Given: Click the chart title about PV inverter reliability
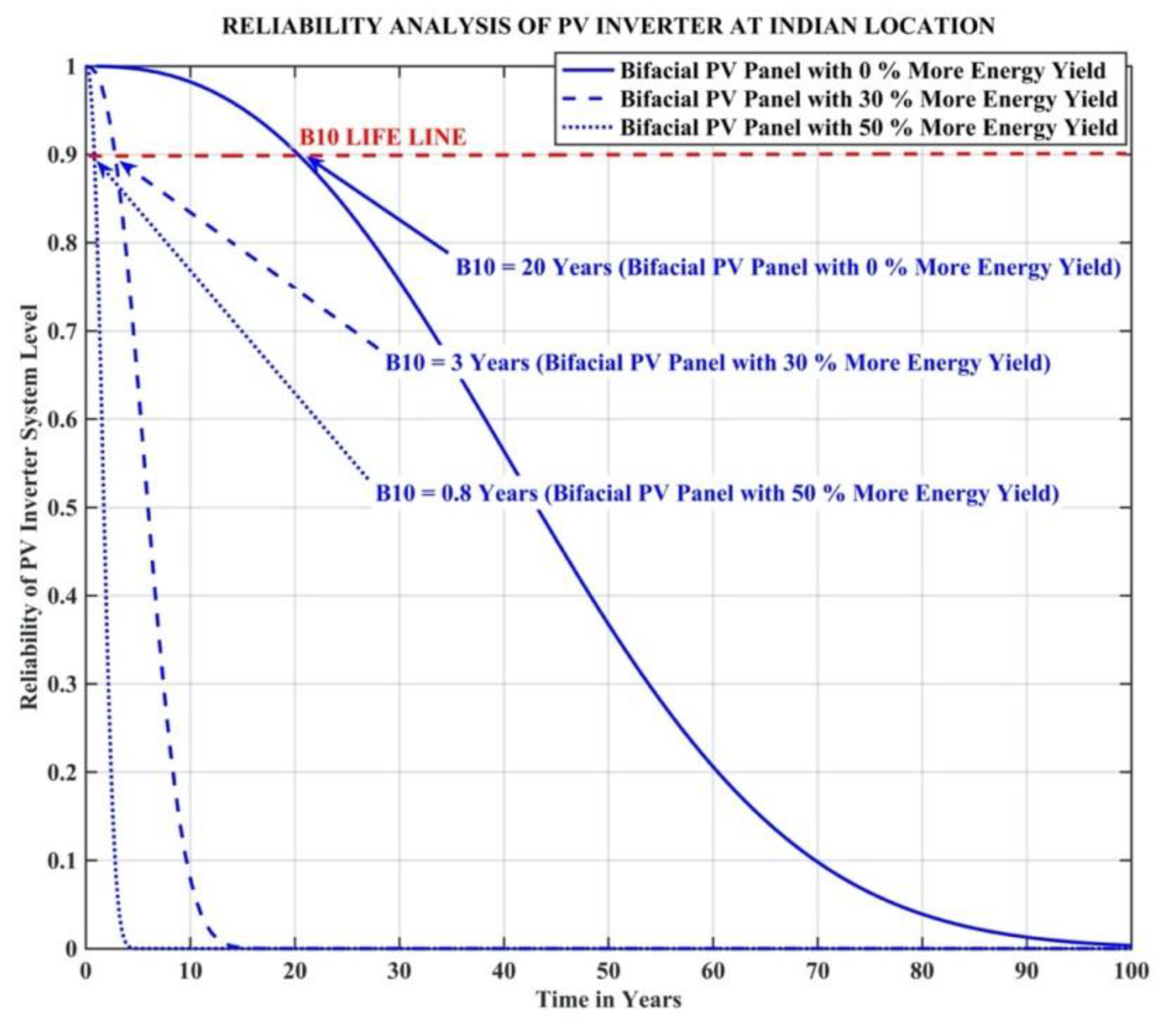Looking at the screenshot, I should tap(608, 26).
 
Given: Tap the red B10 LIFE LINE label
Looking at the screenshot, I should tap(382, 137).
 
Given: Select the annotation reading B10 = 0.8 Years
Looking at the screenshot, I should tap(717, 493).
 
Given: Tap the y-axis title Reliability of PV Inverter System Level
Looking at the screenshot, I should tap(30, 507).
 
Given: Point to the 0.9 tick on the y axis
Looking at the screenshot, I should tap(63, 155).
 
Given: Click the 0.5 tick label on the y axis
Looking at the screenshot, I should tap(63, 508).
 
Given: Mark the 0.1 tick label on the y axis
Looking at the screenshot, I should tap(63, 860).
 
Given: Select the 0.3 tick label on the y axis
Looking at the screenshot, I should tap(63, 684).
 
